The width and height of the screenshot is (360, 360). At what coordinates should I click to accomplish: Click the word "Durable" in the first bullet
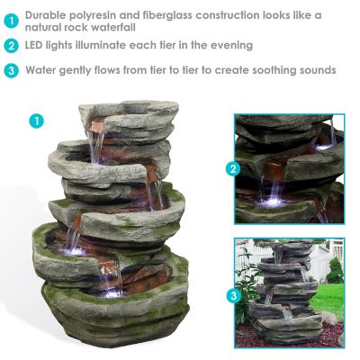point(48,15)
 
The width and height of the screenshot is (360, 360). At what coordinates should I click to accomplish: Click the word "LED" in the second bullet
point(37,45)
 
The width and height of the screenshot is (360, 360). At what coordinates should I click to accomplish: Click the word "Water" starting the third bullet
point(42,69)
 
